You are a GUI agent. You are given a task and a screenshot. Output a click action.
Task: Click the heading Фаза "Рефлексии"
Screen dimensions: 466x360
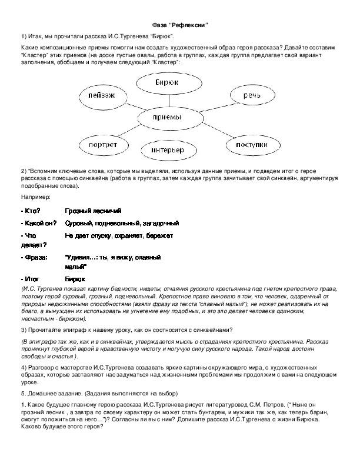click(x=179, y=24)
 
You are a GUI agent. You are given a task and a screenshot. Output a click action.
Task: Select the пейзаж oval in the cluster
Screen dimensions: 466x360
click(x=101, y=95)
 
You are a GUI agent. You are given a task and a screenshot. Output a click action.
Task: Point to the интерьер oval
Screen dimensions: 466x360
click(x=172, y=151)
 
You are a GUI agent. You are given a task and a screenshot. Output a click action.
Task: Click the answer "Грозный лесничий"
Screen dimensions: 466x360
click(x=93, y=211)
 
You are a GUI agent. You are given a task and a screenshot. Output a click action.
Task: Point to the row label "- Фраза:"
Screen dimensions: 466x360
click(x=34, y=258)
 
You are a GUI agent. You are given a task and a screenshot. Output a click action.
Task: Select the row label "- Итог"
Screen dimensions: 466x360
click(x=30, y=279)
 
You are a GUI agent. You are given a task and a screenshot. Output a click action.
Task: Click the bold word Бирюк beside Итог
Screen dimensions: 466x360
click(x=75, y=279)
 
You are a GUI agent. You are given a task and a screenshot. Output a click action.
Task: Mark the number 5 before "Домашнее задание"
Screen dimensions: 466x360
click(x=22, y=393)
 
